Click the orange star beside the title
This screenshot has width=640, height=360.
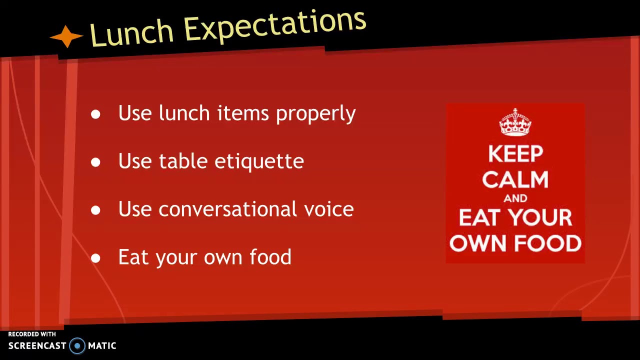[x=66, y=37]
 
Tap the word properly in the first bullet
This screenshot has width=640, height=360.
[x=315, y=114]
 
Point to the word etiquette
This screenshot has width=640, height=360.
[x=259, y=161]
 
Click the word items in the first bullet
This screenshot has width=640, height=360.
[x=243, y=113]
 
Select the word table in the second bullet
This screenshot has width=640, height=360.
[x=182, y=161]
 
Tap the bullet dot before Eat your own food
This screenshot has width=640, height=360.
[x=95, y=258]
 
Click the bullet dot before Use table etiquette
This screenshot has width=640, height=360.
[x=95, y=162]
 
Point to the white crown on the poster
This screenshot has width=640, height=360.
[x=515, y=122]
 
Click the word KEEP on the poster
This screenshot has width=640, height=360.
[x=515, y=154]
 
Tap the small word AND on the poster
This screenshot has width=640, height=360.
[x=515, y=198]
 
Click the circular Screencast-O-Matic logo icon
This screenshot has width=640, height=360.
[x=77, y=345]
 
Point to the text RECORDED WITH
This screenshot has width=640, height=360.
[x=32, y=334]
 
